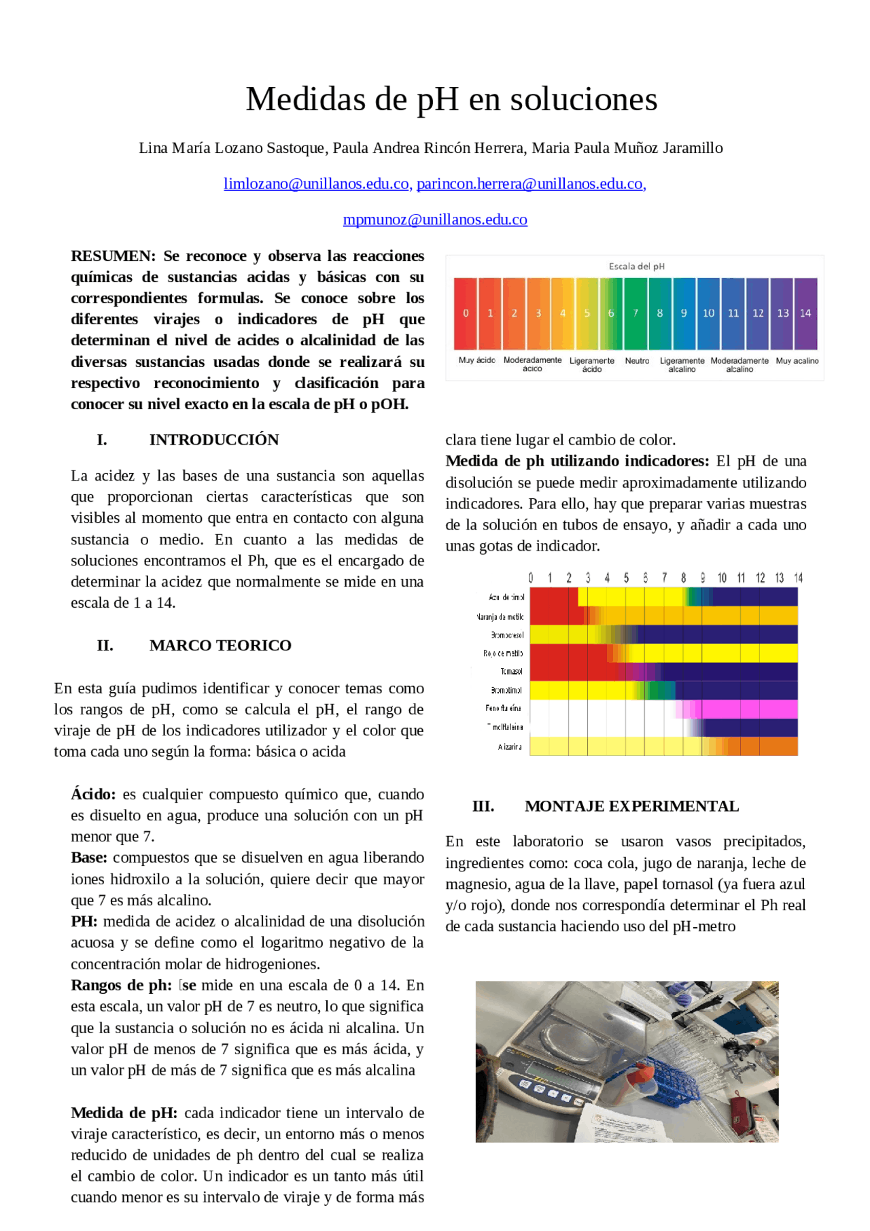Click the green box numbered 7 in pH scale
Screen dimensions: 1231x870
(636, 313)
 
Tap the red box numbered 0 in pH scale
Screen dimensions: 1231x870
(466, 313)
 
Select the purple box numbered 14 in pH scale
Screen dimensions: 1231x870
(805, 313)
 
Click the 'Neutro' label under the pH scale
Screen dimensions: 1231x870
(637, 361)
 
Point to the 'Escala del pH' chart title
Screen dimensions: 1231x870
(636, 266)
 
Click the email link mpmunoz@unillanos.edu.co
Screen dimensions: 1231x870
(435, 220)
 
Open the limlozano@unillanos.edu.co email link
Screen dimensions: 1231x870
(317, 184)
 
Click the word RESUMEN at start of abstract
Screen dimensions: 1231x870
(113, 256)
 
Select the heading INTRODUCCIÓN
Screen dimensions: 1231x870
(214, 440)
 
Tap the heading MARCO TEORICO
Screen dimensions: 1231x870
(220, 645)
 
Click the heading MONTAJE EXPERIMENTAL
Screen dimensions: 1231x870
(631, 806)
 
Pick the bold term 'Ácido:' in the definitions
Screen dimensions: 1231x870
(93, 794)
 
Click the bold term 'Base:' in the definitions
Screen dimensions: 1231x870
(89, 858)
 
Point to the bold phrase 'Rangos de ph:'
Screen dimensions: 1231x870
(121, 985)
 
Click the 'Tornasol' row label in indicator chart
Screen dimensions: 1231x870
(511, 672)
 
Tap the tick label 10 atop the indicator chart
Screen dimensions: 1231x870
(722, 578)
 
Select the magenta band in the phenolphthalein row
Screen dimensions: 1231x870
(748, 709)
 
